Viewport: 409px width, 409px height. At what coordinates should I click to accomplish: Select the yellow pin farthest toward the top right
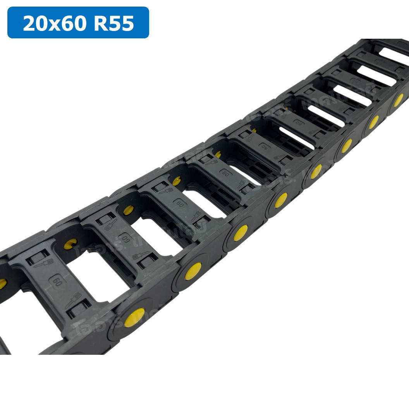pos(398,100)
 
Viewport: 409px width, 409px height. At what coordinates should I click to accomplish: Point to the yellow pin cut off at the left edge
pos(2,284)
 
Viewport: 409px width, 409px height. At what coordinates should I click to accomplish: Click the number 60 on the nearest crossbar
pos(58,281)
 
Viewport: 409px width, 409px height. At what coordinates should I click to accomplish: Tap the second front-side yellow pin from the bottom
pos(193,271)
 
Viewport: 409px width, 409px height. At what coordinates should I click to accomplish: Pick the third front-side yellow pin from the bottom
pos(240,233)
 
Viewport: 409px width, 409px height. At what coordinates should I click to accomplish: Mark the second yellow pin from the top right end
pos(373,122)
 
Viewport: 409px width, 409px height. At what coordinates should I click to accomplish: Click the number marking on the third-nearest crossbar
pos(180,203)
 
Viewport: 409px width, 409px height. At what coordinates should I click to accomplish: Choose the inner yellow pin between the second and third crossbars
pos(128,210)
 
